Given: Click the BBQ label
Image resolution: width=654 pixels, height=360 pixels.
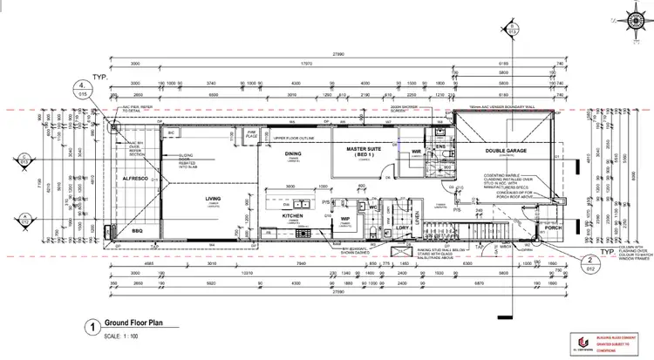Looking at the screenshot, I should click(135, 232).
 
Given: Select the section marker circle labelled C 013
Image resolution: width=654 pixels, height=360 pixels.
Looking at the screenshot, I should click(25, 159).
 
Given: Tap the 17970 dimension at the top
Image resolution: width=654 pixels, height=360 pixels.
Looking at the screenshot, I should click(307, 63).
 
